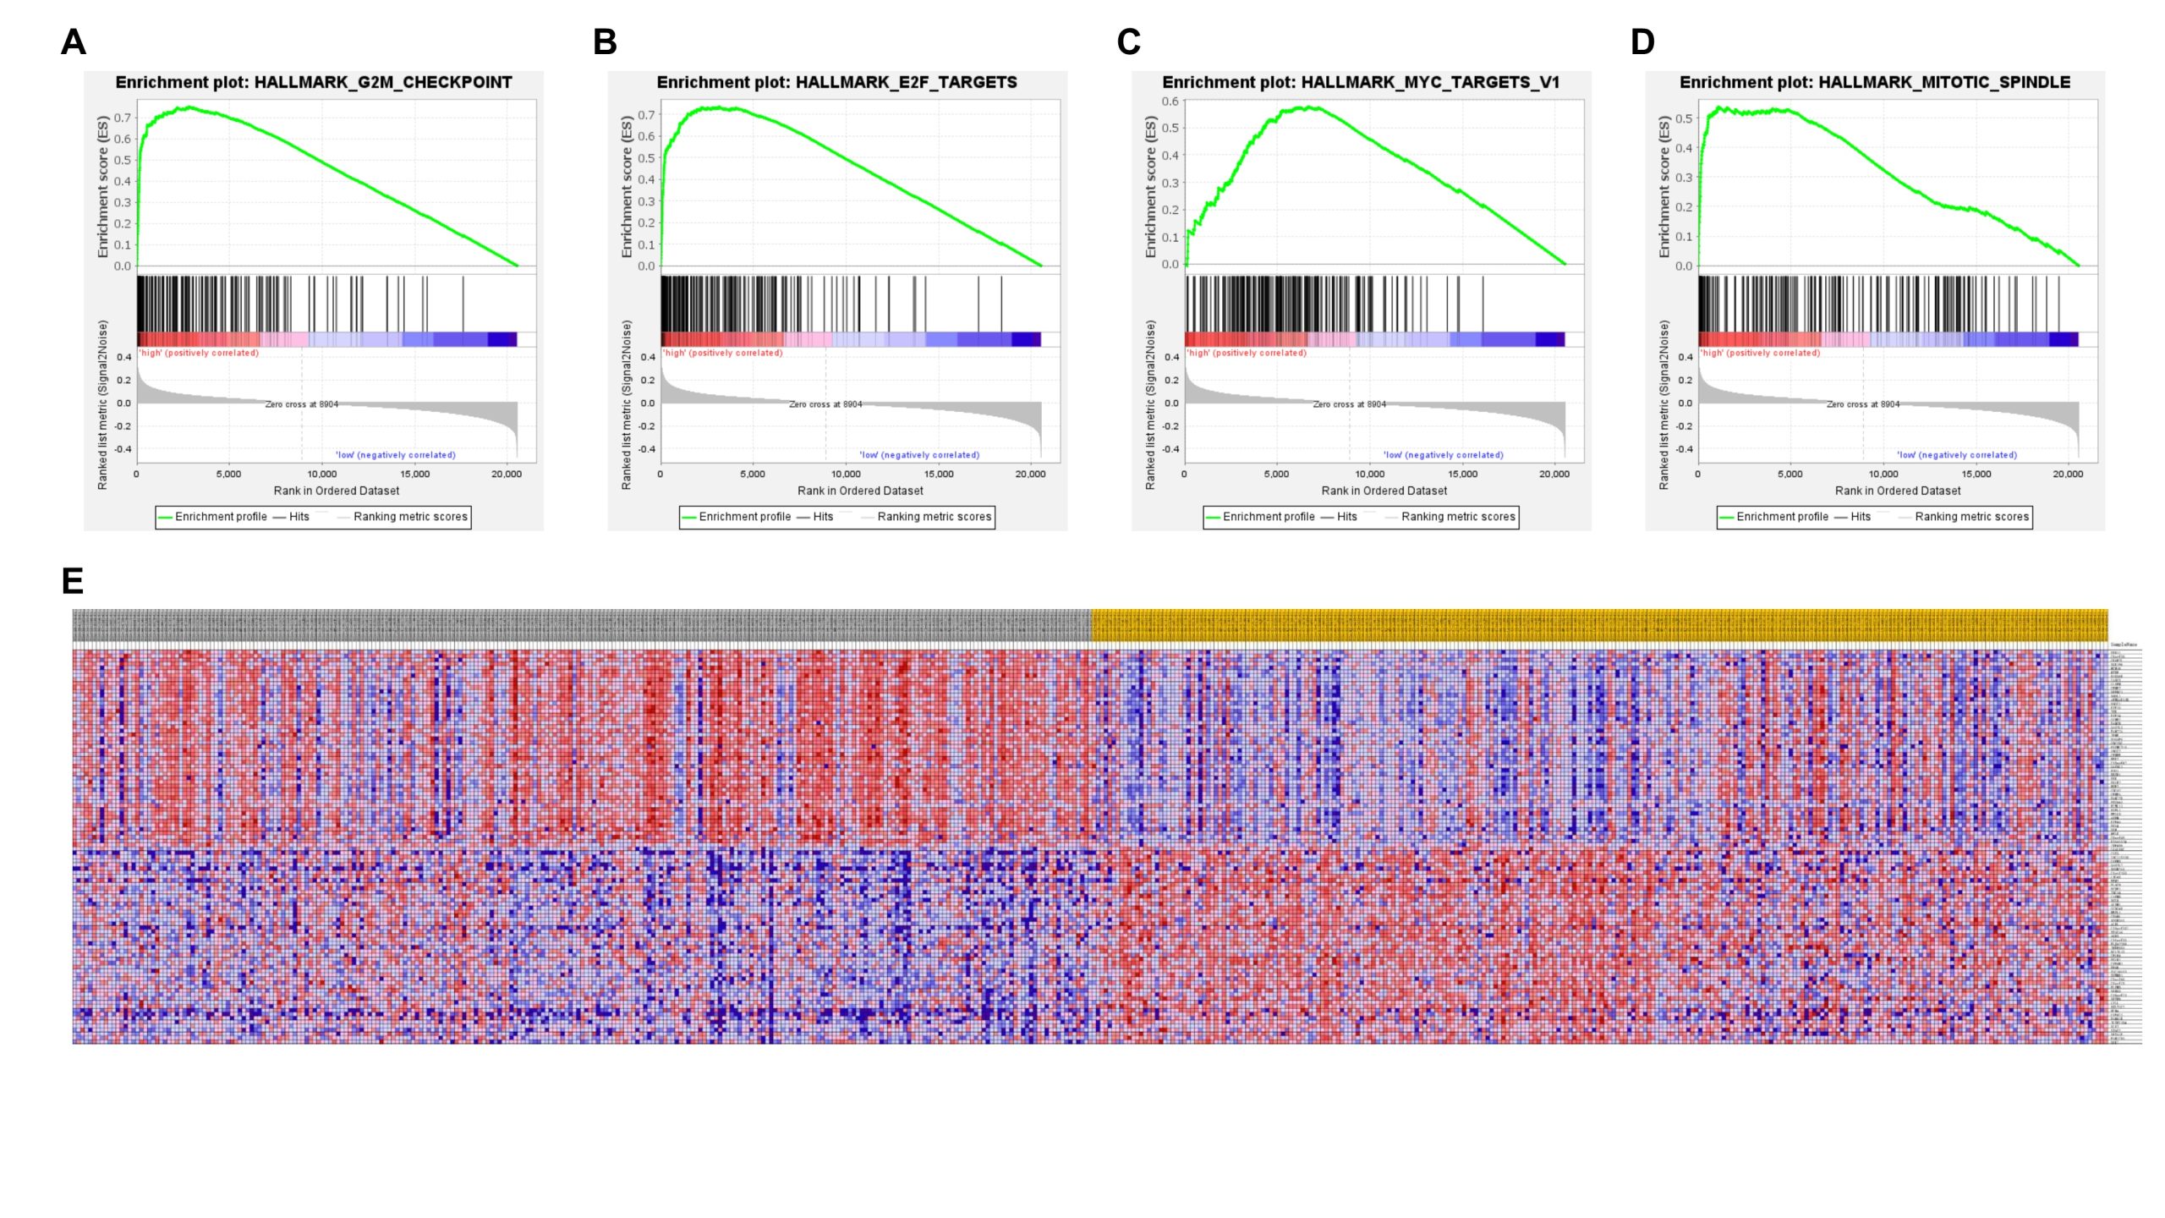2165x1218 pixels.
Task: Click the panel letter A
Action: tap(74, 42)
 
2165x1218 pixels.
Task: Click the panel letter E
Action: tap(73, 581)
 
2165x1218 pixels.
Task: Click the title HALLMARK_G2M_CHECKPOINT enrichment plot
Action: tap(314, 82)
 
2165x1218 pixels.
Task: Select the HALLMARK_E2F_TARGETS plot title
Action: tap(837, 82)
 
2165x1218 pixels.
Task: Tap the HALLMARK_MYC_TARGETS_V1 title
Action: tap(1361, 82)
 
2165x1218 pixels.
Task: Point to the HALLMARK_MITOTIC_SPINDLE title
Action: tap(1875, 82)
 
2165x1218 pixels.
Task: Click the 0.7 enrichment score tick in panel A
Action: tap(123, 118)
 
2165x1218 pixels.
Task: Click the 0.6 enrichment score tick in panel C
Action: tap(1170, 101)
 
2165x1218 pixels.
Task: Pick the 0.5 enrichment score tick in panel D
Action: tap(1684, 118)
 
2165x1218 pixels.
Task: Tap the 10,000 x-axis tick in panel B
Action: tap(846, 475)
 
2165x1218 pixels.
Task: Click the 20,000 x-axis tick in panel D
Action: tap(2068, 475)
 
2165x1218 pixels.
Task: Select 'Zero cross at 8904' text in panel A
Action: tap(302, 404)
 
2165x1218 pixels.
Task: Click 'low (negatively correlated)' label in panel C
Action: tap(1444, 455)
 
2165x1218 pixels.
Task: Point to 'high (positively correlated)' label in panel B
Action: tap(722, 353)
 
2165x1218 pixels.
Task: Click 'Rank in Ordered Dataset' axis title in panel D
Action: tap(1898, 491)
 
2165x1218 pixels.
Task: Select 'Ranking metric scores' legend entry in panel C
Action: tap(1458, 517)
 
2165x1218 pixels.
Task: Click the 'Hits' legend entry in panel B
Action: tap(823, 517)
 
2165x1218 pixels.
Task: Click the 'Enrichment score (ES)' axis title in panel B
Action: tap(627, 186)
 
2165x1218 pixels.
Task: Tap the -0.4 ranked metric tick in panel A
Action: tap(123, 449)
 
